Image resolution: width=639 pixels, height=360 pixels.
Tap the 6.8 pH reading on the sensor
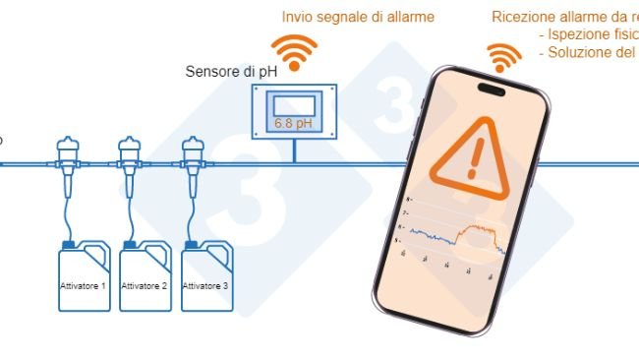point(295,125)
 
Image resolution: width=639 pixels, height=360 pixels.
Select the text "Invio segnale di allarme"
point(358,17)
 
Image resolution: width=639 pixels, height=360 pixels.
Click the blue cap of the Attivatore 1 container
point(68,244)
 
